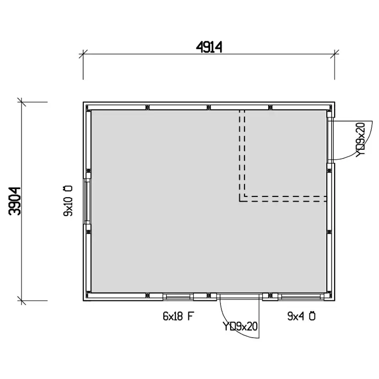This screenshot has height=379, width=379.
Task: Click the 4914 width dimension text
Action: pyautogui.click(x=209, y=47)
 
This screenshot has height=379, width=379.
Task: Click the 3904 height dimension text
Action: pyautogui.click(x=15, y=201)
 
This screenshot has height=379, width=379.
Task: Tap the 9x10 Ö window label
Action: pyautogui.click(x=68, y=201)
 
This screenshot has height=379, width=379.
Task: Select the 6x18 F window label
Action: pyautogui.click(x=179, y=316)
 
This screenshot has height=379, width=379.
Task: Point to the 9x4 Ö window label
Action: pyautogui.click(x=301, y=316)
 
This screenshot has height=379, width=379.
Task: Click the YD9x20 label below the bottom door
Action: pyautogui.click(x=240, y=326)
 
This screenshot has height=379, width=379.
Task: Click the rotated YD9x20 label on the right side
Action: pyautogui.click(x=360, y=140)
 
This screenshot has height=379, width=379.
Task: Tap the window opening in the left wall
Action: pyautogui.click(x=87, y=201)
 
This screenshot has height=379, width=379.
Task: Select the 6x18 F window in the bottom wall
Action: pyautogui.click(x=178, y=297)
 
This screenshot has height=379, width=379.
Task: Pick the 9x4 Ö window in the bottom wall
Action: pyautogui.click(x=300, y=297)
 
